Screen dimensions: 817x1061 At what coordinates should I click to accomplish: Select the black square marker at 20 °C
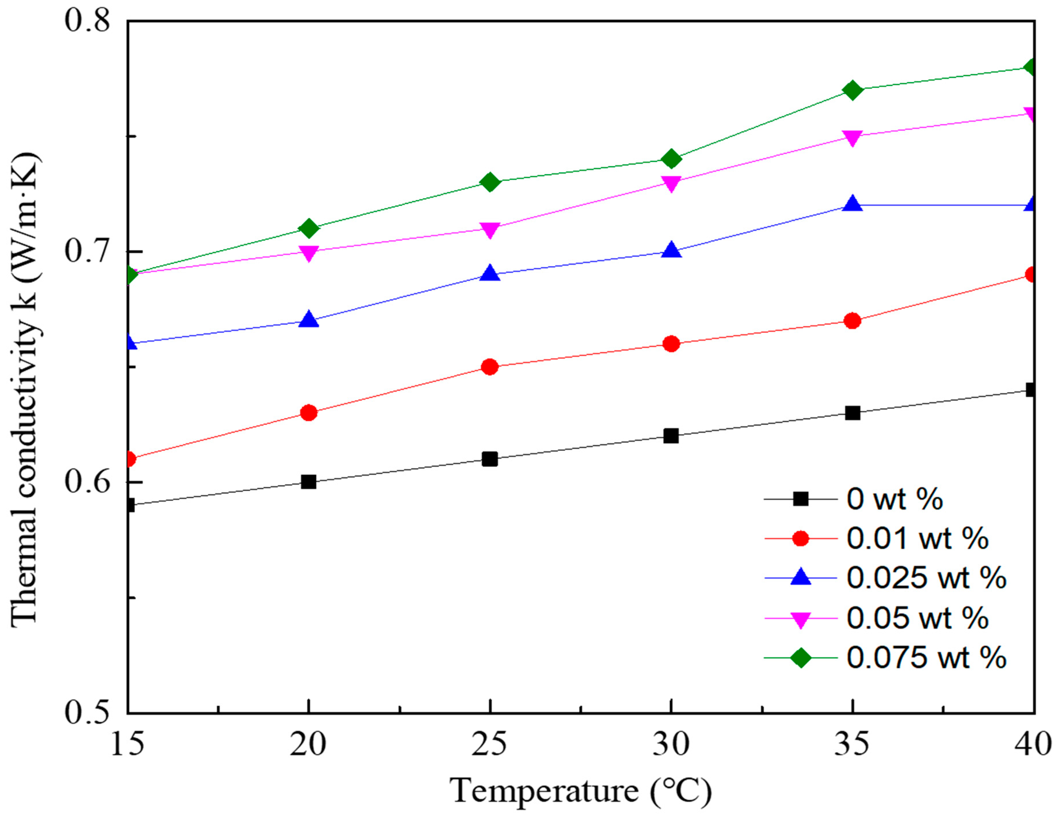click(309, 482)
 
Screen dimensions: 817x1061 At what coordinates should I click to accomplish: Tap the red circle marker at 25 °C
click(490, 367)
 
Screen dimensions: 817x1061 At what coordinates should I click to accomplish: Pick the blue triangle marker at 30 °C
click(671, 250)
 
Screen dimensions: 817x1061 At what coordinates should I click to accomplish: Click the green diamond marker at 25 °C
click(490, 182)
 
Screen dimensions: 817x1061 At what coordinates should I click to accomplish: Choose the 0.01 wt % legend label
click(917, 539)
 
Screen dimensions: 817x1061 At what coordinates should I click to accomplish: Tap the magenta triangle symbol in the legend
click(801, 619)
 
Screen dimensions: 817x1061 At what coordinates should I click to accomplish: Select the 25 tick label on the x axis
click(490, 744)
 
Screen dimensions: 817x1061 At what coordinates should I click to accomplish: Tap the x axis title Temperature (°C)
click(581, 791)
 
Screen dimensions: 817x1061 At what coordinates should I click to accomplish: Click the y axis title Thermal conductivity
click(24, 389)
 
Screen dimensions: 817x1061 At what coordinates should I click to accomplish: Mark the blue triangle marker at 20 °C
click(309, 320)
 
